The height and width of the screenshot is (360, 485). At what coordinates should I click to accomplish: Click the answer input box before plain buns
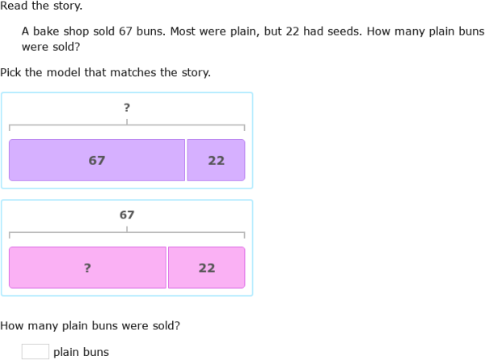35,351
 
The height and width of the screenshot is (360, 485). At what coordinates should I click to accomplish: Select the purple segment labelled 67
97,160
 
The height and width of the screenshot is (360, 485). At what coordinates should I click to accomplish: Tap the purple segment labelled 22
216,160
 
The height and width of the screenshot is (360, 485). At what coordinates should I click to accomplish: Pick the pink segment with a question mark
87,268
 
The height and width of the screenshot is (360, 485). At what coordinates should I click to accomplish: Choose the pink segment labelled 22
206,268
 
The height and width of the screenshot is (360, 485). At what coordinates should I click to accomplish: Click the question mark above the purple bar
127,108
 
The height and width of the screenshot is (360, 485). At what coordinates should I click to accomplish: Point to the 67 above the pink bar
127,215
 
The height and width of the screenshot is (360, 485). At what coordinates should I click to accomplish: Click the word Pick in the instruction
11,73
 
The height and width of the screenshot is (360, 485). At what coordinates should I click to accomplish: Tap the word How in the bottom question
12,326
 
